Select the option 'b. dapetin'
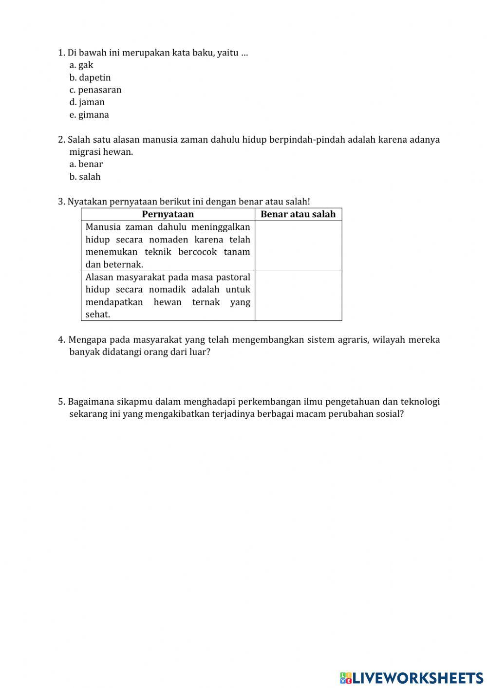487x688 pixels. (90, 77)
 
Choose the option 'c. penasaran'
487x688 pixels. (95, 90)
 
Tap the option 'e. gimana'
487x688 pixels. (89, 115)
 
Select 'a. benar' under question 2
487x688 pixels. (86, 164)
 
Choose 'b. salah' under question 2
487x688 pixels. (85, 177)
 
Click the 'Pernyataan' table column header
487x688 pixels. (168, 214)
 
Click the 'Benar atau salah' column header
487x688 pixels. (298, 214)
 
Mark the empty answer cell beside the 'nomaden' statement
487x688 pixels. (298, 246)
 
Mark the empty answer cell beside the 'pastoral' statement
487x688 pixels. (298, 296)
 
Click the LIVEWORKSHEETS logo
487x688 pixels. (412, 677)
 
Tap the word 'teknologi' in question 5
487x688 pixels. (420, 402)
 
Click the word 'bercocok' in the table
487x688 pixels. (197, 252)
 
